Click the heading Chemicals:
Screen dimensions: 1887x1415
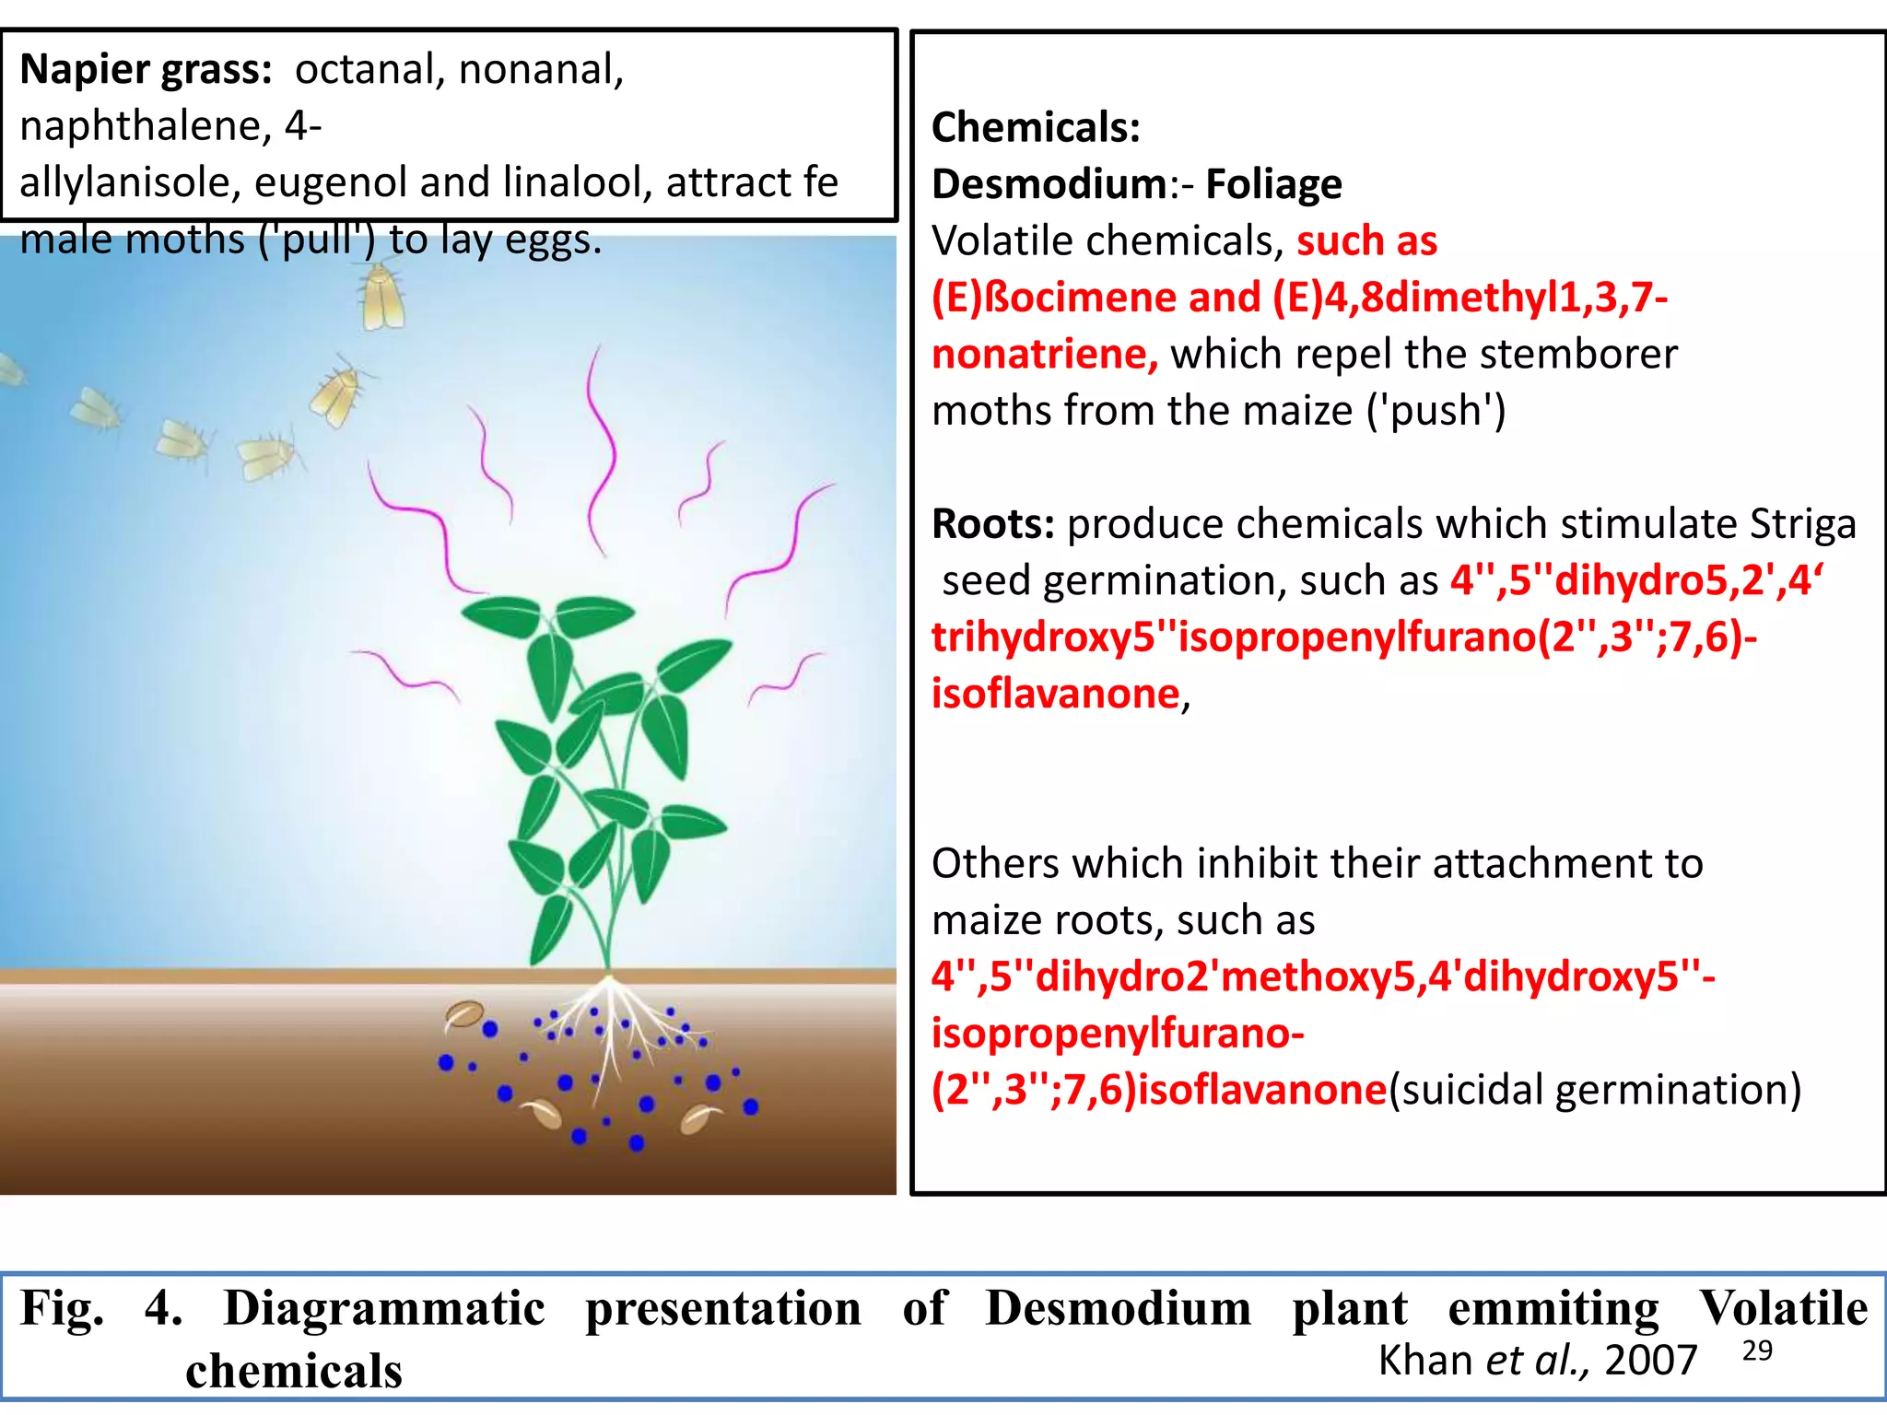[1036, 127]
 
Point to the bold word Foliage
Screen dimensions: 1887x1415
[1273, 185]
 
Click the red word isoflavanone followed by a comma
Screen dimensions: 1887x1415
[1061, 694]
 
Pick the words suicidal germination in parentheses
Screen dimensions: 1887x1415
[1595, 1091]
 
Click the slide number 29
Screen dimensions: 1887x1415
[1757, 1351]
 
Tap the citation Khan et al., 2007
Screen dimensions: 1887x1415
[1537, 1361]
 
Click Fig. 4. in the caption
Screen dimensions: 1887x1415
[101, 1309]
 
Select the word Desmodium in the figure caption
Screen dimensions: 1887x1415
[1118, 1308]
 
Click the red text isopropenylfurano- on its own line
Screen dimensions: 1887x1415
[1118, 1035]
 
